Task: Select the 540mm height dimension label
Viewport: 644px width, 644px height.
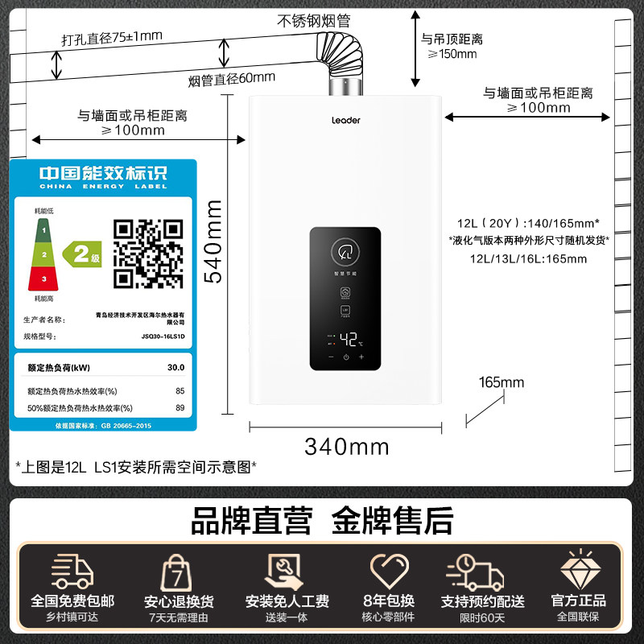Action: pyautogui.click(x=213, y=242)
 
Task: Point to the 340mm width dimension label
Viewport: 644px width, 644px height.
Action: pyautogui.click(x=346, y=446)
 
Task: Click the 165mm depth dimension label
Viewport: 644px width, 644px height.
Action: pyautogui.click(x=501, y=382)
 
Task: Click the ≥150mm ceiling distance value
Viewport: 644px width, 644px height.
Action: pyautogui.click(x=452, y=54)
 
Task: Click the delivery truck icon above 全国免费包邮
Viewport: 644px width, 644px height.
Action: pyautogui.click(x=72, y=572)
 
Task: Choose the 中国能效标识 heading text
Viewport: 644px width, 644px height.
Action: pyautogui.click(x=104, y=173)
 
